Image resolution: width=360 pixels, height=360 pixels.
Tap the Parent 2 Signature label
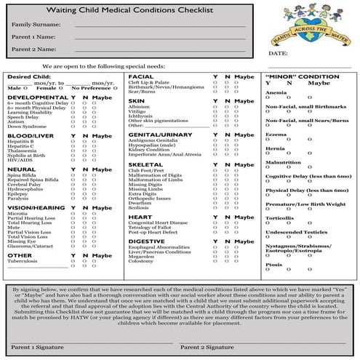207,353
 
